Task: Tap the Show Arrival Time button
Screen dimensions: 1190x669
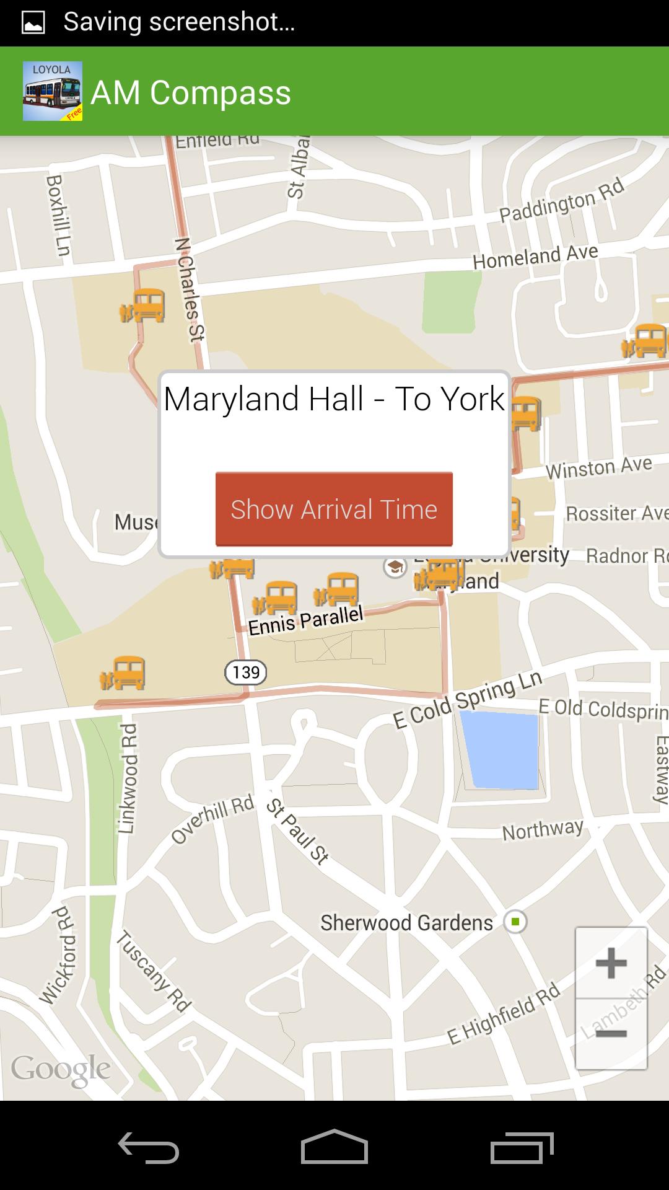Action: pos(334,509)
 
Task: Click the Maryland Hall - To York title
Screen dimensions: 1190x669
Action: pos(334,399)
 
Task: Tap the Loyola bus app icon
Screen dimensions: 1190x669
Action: pos(53,91)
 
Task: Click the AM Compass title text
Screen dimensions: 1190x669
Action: pos(191,93)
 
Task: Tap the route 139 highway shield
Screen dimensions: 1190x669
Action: pos(246,672)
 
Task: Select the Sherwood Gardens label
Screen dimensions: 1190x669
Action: pos(406,923)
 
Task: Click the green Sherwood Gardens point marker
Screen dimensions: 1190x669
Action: pos(515,922)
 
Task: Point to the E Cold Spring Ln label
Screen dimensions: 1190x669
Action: pos(468,700)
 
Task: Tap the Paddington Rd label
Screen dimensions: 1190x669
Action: pos(562,200)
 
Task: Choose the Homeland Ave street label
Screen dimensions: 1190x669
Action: pos(535,256)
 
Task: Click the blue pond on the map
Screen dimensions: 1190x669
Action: pos(502,750)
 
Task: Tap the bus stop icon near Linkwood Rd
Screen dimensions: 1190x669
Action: pos(124,673)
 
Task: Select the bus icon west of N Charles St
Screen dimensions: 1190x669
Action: pos(144,306)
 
